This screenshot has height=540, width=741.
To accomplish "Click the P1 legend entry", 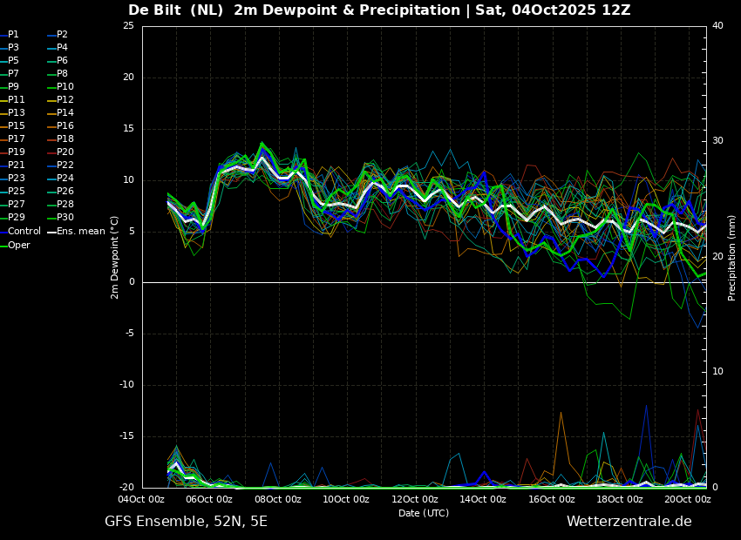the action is click(10, 35).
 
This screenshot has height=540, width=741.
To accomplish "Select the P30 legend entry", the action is click(61, 217).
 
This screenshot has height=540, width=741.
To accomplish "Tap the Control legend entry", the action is click(20, 232).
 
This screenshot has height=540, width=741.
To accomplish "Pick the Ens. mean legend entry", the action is click(78, 232).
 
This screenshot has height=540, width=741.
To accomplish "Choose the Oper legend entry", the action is click(15, 245).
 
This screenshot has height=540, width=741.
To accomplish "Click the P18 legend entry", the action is click(61, 138).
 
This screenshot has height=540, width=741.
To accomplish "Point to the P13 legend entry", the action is click(12, 113).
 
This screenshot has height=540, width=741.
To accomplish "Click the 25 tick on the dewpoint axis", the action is click(128, 26).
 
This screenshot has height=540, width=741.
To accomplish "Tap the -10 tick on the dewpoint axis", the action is click(126, 385).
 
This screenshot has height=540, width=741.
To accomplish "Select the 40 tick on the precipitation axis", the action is click(717, 26).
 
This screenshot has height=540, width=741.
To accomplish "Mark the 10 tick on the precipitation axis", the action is click(717, 372).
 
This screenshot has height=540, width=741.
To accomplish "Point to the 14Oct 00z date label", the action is click(484, 499).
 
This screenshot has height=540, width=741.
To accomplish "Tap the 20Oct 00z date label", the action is click(688, 499).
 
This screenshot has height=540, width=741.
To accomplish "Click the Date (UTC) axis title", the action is click(424, 513).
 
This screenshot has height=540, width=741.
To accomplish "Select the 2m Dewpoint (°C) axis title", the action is click(114, 258).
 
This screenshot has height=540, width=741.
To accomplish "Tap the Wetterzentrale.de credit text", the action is click(629, 522).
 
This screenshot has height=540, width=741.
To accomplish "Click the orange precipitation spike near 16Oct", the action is click(561, 413).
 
